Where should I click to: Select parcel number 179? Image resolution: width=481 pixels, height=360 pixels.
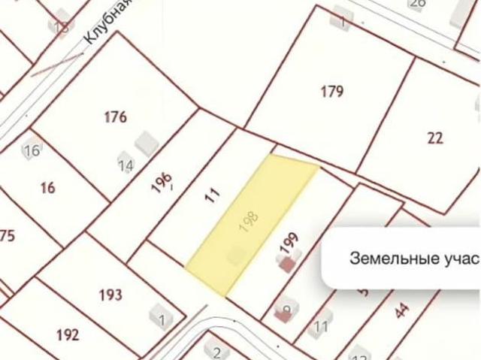coord(331,92)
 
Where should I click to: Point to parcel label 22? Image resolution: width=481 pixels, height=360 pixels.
coord(435,138)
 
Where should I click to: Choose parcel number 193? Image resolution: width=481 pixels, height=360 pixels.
coord(110,295)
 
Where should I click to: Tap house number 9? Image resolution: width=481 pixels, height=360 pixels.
coord(286,309)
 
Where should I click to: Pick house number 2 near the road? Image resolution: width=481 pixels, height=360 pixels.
coord(216,353)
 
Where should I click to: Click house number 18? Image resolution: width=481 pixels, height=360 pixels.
coord(61,27)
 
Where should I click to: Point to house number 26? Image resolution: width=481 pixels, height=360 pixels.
coord(417,4)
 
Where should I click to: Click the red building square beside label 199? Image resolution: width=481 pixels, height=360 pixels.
coord(286,264)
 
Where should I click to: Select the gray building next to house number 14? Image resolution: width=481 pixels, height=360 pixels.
coord(144,141)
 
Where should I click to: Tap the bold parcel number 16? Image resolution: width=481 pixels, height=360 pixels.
coord(47,188)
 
